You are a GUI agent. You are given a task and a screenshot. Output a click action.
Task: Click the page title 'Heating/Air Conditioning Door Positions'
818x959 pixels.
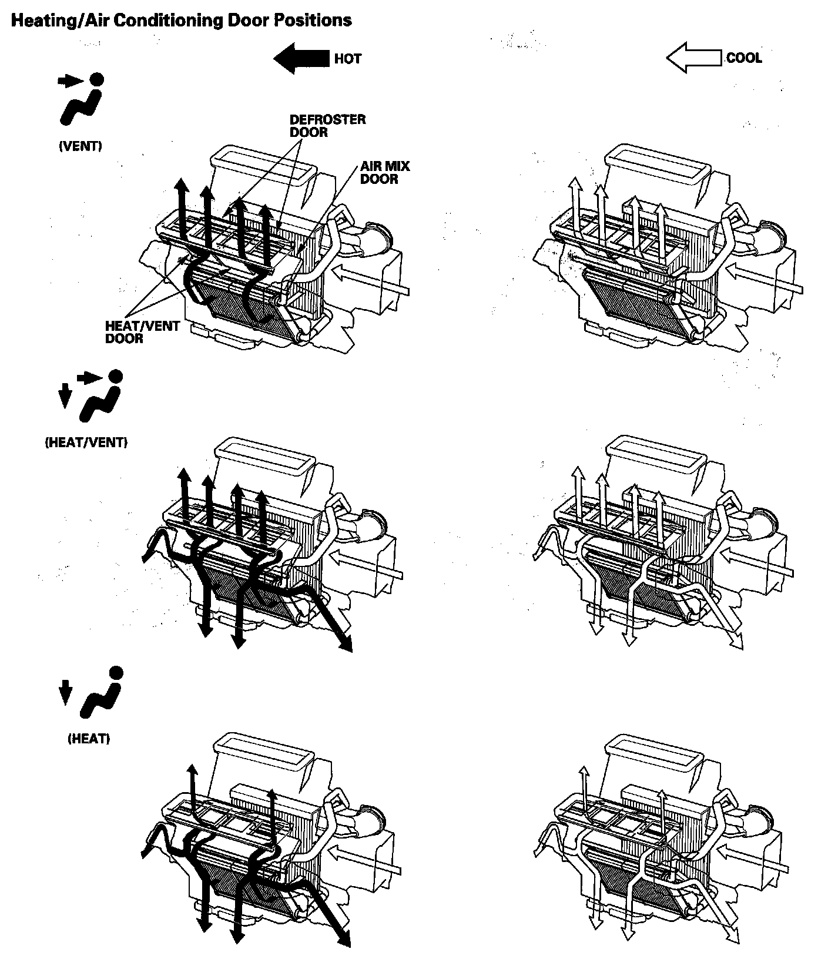point(182,21)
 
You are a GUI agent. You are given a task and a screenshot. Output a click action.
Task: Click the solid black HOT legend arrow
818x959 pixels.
point(301,58)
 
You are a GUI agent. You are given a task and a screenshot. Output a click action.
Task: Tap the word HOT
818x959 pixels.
point(348,59)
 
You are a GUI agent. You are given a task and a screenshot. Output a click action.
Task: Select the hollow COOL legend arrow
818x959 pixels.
point(694,59)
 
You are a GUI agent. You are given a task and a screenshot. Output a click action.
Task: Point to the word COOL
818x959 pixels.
point(744,58)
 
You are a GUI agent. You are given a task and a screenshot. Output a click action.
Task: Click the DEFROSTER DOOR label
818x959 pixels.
point(327,126)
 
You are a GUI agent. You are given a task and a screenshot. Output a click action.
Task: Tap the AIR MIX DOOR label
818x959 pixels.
point(385,172)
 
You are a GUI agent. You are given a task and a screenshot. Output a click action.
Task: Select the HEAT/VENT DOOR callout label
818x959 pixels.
point(142,332)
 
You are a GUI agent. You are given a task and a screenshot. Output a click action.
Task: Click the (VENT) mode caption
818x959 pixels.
point(81,146)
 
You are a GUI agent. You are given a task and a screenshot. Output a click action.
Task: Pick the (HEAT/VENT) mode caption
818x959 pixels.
point(86,442)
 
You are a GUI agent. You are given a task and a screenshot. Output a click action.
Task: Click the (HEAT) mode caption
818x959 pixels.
point(89,739)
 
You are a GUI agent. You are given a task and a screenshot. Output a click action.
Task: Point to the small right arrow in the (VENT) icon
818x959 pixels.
point(70,82)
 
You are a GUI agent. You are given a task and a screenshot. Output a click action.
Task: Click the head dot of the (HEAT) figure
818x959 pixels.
point(116,673)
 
